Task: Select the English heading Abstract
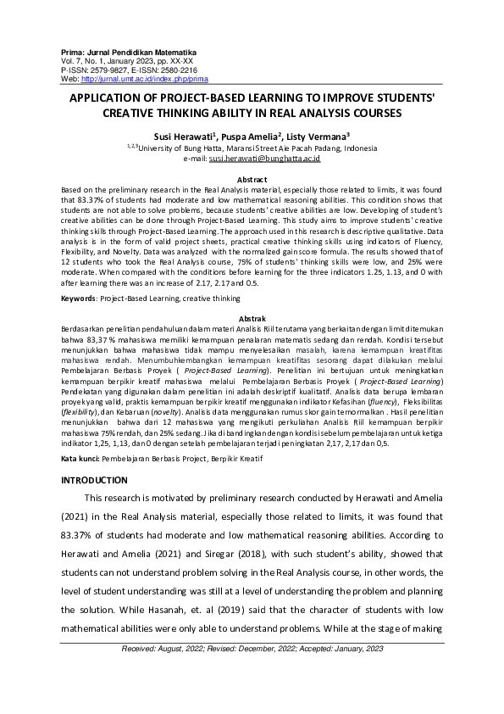pos(252,180)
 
